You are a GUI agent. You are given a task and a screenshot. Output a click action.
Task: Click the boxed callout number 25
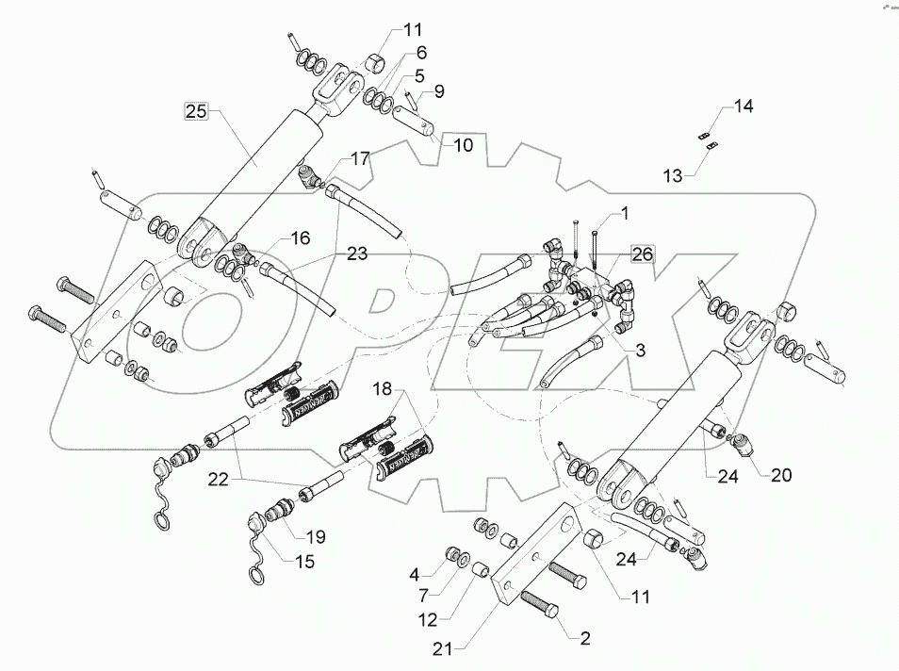pos(195,112)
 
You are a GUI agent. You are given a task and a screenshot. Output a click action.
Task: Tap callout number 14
pos(744,106)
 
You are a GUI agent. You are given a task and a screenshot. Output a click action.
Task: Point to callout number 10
pos(463,145)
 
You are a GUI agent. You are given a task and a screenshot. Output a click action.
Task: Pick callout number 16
pos(300,239)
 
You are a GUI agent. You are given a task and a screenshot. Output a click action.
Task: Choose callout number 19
pos(317,537)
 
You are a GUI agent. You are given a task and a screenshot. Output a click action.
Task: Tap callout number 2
pos(585,639)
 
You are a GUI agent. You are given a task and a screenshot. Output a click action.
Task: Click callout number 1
pos(623,214)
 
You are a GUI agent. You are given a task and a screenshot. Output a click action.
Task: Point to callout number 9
pos(439,91)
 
